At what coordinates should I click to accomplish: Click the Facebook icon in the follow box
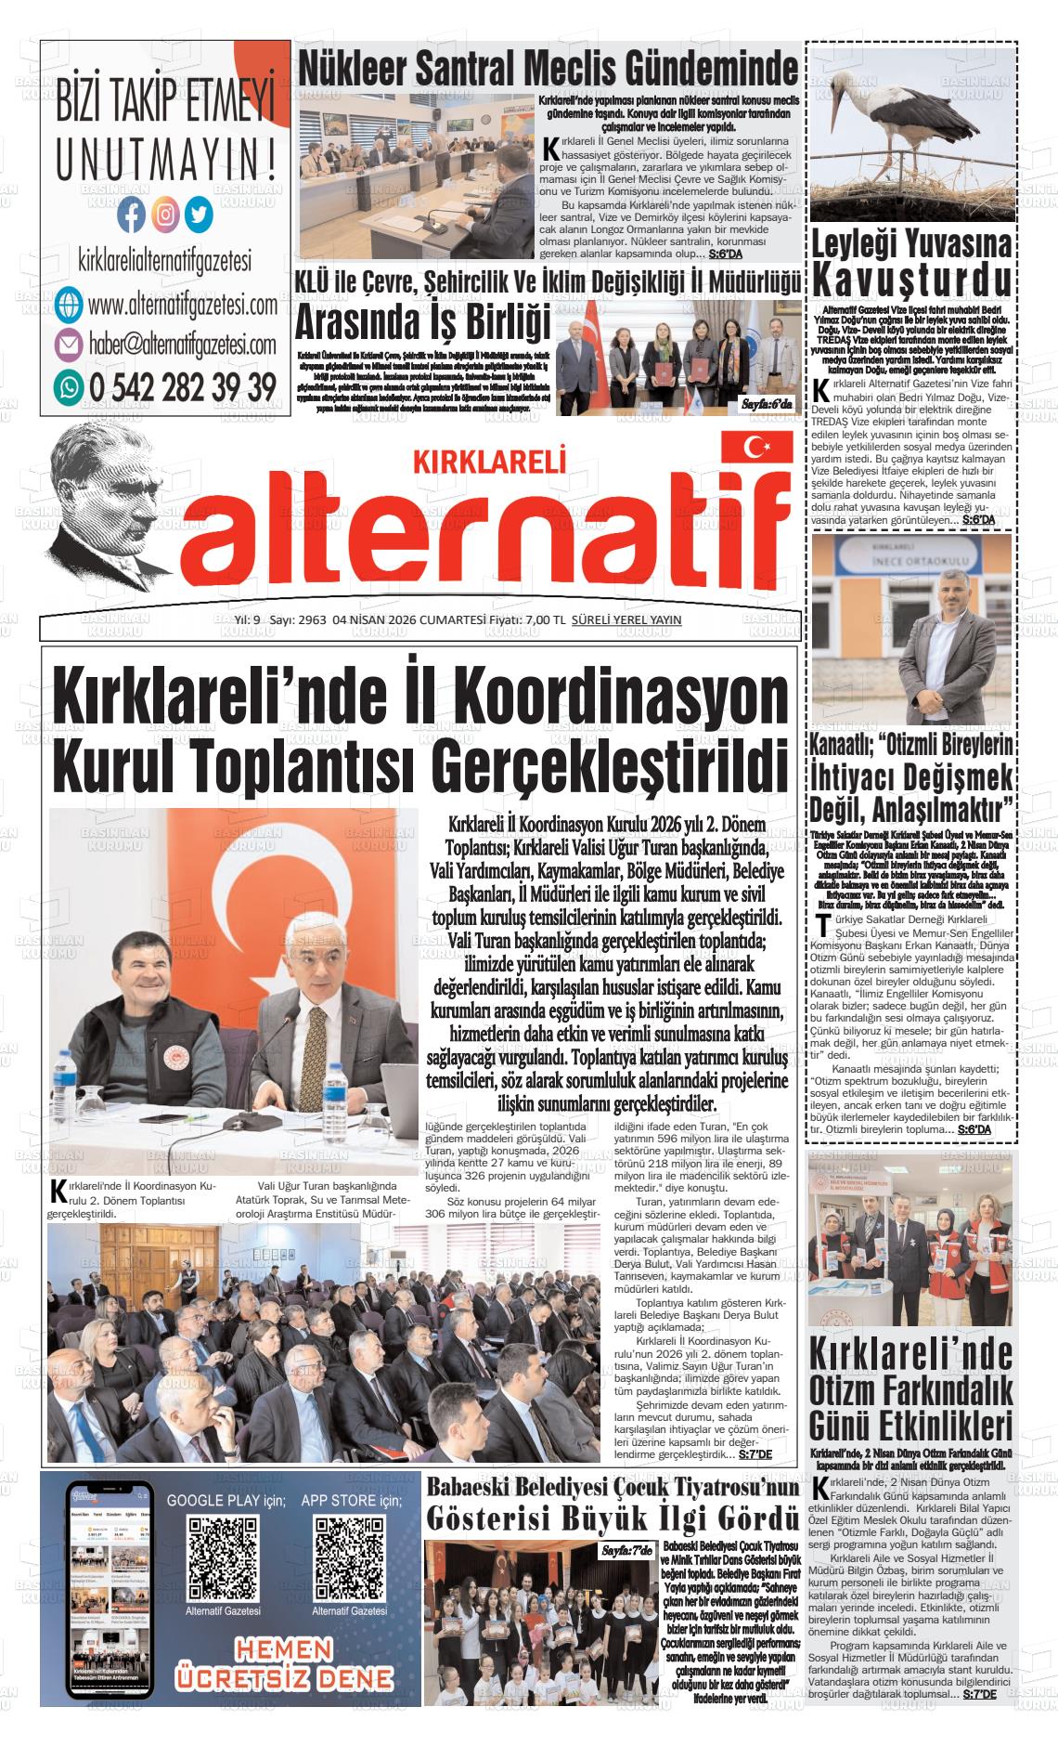point(131,215)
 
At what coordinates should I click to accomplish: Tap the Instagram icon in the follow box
point(165,215)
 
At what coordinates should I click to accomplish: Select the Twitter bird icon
point(199,215)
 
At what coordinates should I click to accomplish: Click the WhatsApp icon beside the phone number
point(69,385)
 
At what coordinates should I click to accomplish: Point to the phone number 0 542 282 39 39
point(183,385)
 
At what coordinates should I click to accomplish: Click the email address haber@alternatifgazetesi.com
point(182,345)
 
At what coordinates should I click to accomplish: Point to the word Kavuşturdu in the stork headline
point(911,280)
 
